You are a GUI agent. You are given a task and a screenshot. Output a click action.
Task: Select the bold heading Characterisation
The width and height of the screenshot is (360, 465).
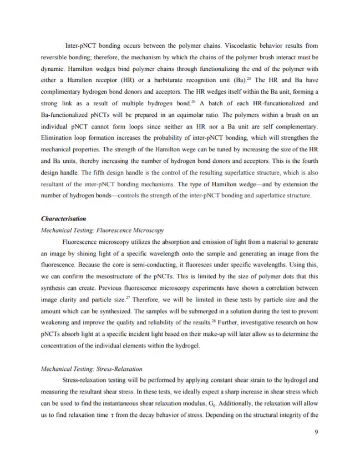coord(64,219)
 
